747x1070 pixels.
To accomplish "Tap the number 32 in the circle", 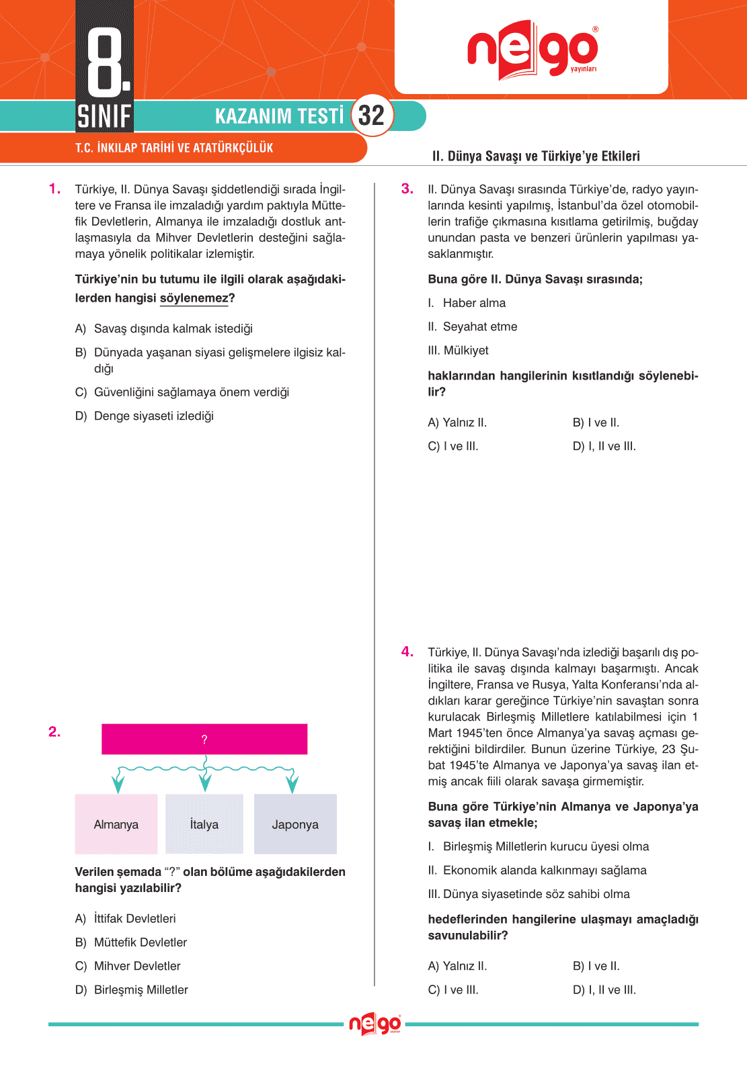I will pos(371,116).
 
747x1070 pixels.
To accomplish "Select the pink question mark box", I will pos(204,739).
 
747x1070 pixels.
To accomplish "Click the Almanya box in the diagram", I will pos(116,824).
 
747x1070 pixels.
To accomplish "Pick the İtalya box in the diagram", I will pos(204,824).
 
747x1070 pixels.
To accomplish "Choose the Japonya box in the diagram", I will pos(295,824).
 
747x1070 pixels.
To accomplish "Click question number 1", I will pos(54,189).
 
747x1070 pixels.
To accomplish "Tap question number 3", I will pos(407,189).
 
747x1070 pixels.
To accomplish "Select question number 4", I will pos(407,652).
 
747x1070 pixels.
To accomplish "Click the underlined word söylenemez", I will pos(194,298).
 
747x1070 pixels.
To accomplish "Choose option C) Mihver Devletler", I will pos(128,966).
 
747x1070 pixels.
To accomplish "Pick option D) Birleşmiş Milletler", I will pos(132,989).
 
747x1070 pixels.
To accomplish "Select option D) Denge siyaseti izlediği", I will pos(145,416).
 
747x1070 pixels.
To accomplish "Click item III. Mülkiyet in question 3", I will pos(458,350).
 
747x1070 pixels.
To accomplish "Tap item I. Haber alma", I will pos(467,303).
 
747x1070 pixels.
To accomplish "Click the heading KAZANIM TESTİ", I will pos(279,116).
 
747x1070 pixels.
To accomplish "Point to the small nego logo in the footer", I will pos(375,1024).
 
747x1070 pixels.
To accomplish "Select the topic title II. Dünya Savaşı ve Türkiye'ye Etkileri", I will pos(536,156).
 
